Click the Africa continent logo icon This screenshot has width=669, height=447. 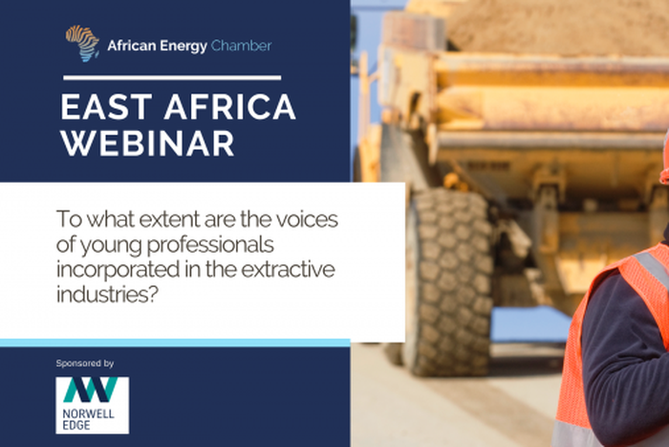click(82, 43)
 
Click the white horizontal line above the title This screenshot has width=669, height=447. click(171, 78)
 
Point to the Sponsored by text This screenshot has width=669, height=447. click(85, 364)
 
